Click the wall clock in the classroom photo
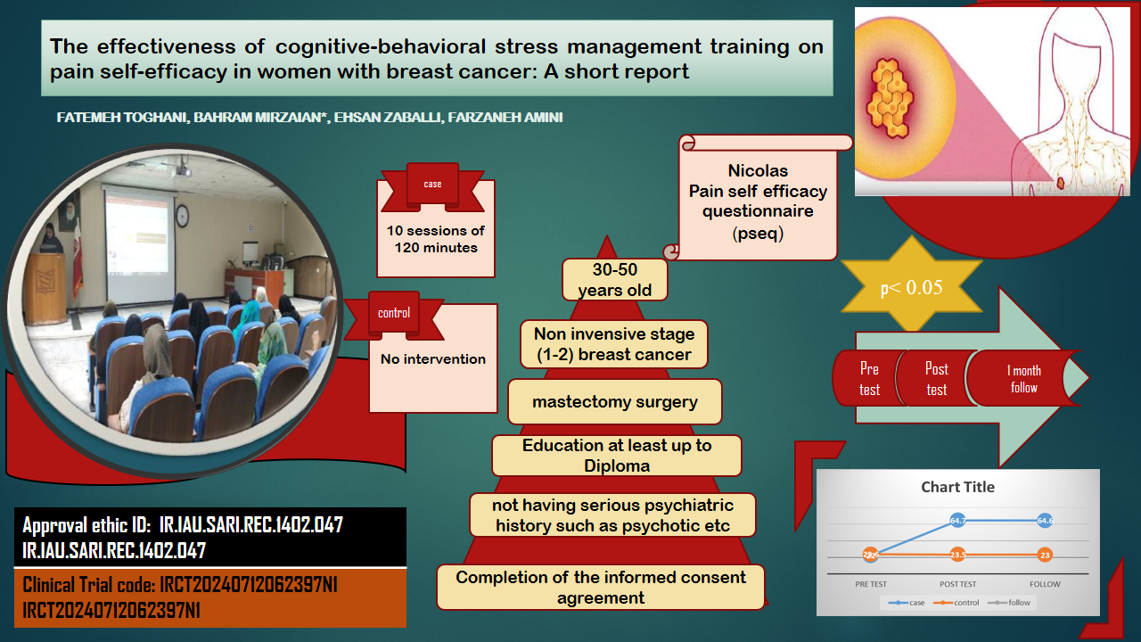(183, 216)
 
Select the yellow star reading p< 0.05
(912, 286)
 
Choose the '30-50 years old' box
(615, 280)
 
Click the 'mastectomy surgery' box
(615, 402)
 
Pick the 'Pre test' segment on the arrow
(869, 379)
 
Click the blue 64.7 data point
(957, 520)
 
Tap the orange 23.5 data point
(957, 555)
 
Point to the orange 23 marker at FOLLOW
(1045, 555)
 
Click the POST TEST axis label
(957, 584)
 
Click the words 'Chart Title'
(957, 487)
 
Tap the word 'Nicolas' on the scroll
(758, 170)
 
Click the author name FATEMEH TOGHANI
(122, 118)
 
